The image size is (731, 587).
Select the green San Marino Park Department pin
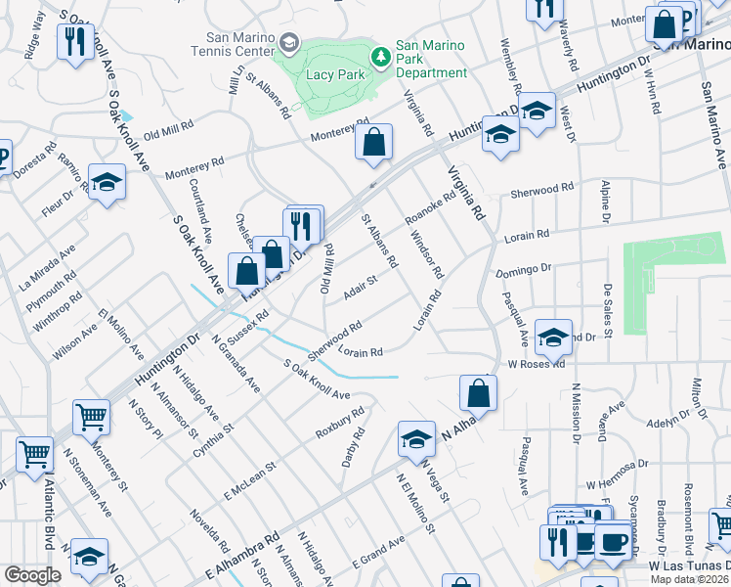[381, 53]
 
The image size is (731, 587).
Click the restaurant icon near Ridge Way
[74, 41]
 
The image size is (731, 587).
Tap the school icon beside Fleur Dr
[107, 182]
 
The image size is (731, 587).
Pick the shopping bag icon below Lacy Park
[373, 143]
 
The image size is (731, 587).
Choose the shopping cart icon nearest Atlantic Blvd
[34, 454]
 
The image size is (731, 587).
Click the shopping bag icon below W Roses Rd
[478, 394]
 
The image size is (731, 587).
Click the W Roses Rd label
[536, 364]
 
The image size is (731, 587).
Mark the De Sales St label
[607, 311]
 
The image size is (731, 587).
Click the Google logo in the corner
[31, 575]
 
